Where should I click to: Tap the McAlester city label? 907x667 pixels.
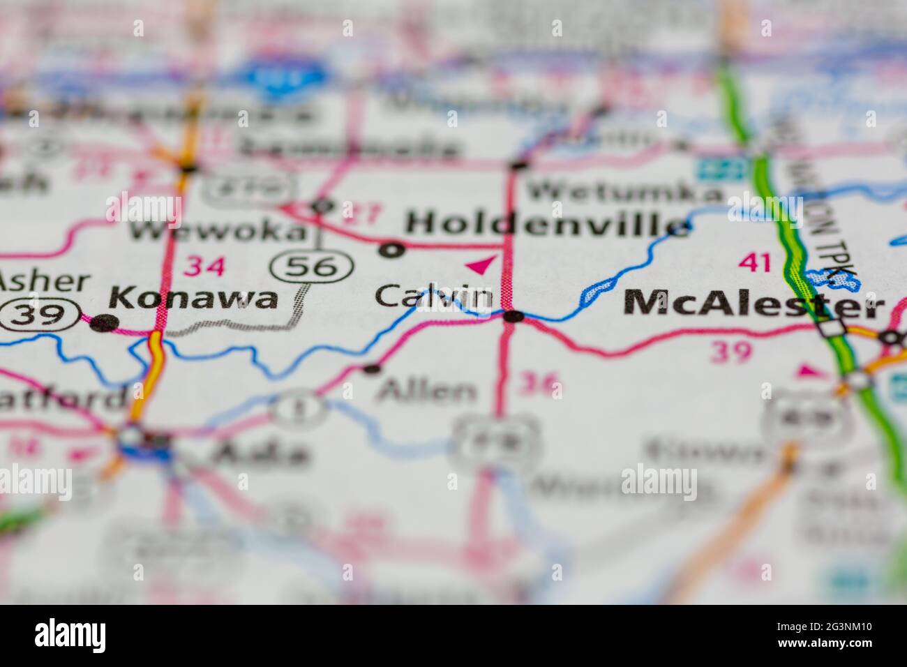(x=754, y=304)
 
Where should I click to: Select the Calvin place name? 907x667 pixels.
(x=433, y=296)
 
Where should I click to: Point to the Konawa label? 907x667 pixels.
(x=193, y=299)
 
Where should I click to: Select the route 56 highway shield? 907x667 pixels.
(x=312, y=265)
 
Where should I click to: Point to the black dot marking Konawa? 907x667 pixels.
(x=104, y=322)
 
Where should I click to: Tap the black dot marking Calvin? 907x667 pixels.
(x=514, y=316)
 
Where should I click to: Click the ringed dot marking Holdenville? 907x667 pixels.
(x=393, y=249)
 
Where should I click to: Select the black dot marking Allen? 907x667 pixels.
(x=373, y=368)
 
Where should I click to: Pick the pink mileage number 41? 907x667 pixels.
(x=755, y=263)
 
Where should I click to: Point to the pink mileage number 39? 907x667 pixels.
(x=730, y=352)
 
